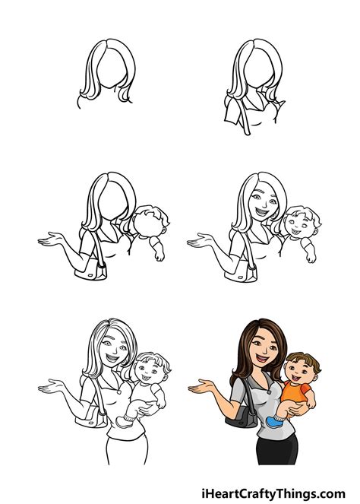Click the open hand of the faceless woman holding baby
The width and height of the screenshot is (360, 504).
(50, 241)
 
